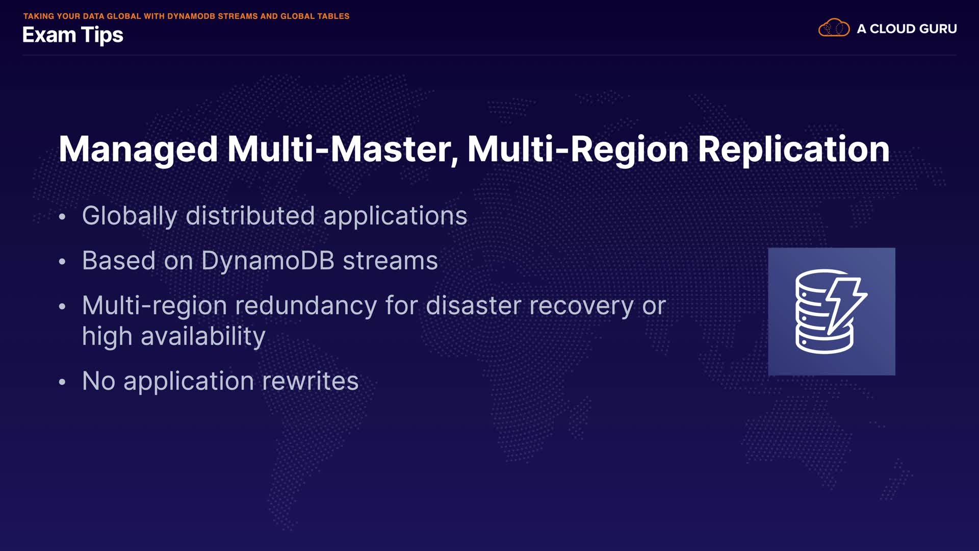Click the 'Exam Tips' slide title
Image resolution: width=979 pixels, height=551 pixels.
click(73, 35)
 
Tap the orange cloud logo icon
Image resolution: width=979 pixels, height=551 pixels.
click(834, 28)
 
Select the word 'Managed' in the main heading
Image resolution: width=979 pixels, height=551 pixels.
click(138, 150)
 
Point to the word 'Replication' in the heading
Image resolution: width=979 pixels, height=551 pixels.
click(793, 150)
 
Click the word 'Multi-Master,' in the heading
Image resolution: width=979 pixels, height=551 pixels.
click(343, 149)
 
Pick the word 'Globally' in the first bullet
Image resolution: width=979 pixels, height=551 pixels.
click(130, 216)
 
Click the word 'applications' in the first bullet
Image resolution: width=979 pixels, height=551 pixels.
click(395, 216)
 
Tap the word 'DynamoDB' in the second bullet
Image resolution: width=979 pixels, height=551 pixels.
click(268, 261)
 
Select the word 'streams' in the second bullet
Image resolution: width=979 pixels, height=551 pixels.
click(390, 261)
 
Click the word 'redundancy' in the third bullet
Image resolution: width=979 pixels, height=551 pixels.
click(305, 306)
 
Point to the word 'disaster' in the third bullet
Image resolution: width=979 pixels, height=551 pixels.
click(473, 306)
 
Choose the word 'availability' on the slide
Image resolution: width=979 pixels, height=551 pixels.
click(203, 337)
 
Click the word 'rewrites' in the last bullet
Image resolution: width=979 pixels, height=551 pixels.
click(310, 381)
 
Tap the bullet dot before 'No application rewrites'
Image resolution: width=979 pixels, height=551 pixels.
click(62, 382)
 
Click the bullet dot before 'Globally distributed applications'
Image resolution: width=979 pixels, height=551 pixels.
click(62, 216)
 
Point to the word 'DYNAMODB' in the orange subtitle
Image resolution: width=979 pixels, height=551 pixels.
click(191, 16)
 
